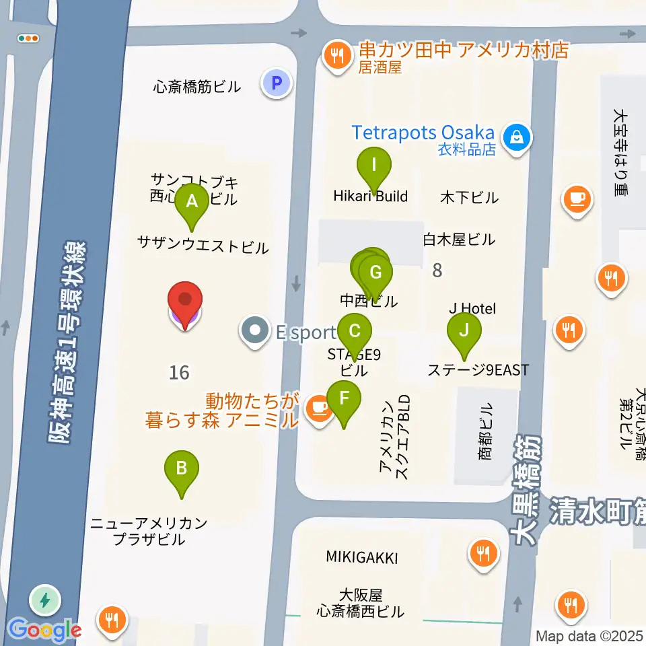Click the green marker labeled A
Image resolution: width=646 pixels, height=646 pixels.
pyautogui.click(x=192, y=201)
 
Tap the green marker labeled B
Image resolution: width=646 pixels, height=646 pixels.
pyautogui.click(x=181, y=468)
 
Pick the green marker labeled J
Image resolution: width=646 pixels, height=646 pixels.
pyautogui.click(x=464, y=330)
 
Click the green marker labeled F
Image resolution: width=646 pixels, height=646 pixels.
pyautogui.click(x=344, y=398)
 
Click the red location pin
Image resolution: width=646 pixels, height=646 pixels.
pyautogui.click(x=184, y=301)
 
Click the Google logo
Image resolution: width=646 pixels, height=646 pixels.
pyautogui.click(x=44, y=631)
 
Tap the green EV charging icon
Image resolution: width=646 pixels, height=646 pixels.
pyautogui.click(x=45, y=600)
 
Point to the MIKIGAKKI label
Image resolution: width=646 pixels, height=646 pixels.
pyautogui.click(x=362, y=558)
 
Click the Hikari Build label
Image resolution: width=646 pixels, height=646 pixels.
pyautogui.click(x=371, y=196)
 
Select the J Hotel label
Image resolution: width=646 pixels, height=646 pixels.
pyautogui.click(x=472, y=309)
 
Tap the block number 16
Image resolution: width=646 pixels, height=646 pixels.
pyautogui.click(x=180, y=371)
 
